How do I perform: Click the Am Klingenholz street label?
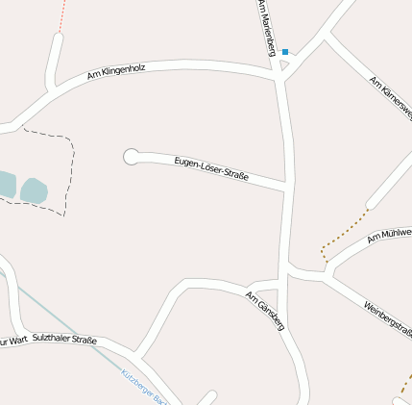[x=115, y=72]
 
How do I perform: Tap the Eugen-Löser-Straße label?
[x=211, y=168]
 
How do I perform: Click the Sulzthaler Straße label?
[x=64, y=339]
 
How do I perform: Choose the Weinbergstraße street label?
[x=388, y=320]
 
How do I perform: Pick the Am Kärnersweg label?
[x=391, y=105]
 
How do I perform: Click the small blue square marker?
[x=285, y=52]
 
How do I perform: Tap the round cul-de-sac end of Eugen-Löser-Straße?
[x=132, y=156]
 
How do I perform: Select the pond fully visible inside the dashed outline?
[x=35, y=190]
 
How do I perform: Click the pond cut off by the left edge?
[x=6, y=184]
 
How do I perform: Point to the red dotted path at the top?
[x=62, y=16]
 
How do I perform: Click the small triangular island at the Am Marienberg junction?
[x=283, y=66]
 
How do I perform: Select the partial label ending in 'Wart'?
[x=13, y=342]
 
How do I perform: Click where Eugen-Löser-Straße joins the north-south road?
[x=288, y=186]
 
